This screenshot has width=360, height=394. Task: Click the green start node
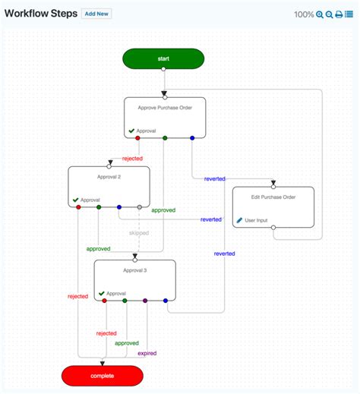[163, 58]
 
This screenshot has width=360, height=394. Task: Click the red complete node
[102, 375]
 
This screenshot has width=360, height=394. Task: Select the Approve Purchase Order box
[165, 117]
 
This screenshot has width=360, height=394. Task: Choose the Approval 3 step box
[134, 279]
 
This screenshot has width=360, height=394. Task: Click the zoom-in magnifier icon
[320, 14]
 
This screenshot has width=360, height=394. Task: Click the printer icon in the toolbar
[339, 14]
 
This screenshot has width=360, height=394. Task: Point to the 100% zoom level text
[304, 14]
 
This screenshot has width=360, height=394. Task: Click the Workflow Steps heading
[40, 14]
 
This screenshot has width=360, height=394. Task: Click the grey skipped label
[139, 233]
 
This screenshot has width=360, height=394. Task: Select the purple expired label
[147, 353]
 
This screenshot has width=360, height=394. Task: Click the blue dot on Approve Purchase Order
[192, 138]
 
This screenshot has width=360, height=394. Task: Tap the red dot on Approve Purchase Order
[137, 138]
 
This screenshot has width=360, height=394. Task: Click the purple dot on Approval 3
[145, 301]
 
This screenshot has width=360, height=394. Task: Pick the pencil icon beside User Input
[239, 220]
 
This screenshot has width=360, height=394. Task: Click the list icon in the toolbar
[349, 14]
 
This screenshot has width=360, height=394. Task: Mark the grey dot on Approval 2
[139, 206]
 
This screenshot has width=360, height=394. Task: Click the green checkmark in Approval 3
[101, 293]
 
